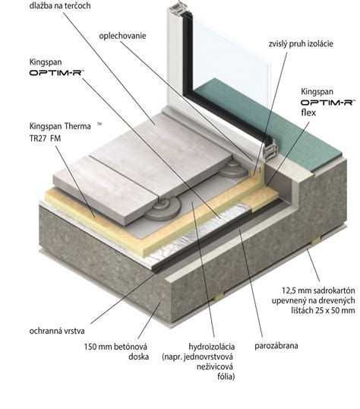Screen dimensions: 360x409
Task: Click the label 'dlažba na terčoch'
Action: pos(60,5)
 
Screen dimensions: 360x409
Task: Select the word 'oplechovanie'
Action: pos(122,36)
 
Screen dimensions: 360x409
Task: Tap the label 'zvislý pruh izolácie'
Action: pos(301,43)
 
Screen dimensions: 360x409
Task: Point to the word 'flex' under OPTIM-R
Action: pos(308,113)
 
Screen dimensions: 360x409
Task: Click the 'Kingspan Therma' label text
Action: pos(60,126)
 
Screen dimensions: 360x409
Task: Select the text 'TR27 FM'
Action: pos(45,138)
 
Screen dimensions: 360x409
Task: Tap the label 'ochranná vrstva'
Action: pos(57,331)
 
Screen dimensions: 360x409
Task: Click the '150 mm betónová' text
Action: pos(115,347)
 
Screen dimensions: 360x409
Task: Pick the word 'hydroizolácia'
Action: pos(212,347)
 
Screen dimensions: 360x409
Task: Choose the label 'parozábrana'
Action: pos(276,346)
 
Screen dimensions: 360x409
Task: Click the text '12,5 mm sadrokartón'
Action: pos(318,290)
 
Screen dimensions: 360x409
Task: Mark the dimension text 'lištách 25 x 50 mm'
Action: pos(323,310)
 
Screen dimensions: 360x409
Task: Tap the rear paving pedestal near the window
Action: pos(234,170)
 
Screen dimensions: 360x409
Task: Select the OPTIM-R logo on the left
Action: pos(57,72)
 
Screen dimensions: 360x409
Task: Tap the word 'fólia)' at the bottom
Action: pos(226,376)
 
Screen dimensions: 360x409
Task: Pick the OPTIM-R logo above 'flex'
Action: pos(328,102)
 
